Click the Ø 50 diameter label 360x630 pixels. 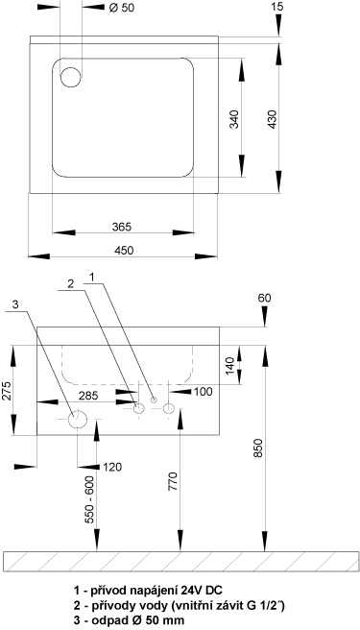pyautogui.click(x=121, y=8)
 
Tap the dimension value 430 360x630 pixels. pyautogui.click(x=273, y=119)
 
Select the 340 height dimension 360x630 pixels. pyautogui.click(x=234, y=119)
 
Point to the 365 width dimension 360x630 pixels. pyautogui.click(x=122, y=227)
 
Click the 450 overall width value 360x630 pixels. pyautogui.click(x=124, y=251)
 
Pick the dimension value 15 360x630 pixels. pyautogui.click(x=277, y=7)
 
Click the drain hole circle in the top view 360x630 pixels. pyautogui.click(x=71, y=77)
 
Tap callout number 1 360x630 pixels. pyautogui.click(x=92, y=277)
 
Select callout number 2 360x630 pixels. pyautogui.click(x=71, y=284)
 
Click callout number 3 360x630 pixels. pyautogui.click(x=15, y=305)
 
